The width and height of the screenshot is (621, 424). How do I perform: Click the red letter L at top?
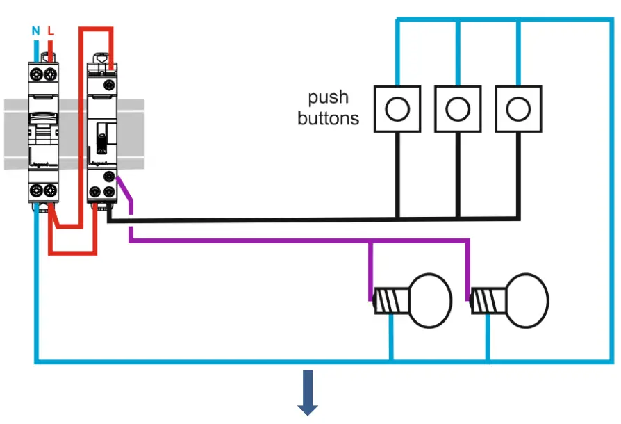(51, 31)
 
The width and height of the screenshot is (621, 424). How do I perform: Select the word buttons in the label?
(328, 118)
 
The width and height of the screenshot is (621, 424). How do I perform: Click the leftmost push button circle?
(397, 108)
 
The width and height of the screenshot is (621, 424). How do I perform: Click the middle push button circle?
(458, 108)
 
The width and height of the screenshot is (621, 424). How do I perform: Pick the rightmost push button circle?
(517, 108)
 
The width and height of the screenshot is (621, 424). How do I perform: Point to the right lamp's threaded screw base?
(487, 300)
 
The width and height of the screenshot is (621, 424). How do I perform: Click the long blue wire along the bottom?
(208, 361)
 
